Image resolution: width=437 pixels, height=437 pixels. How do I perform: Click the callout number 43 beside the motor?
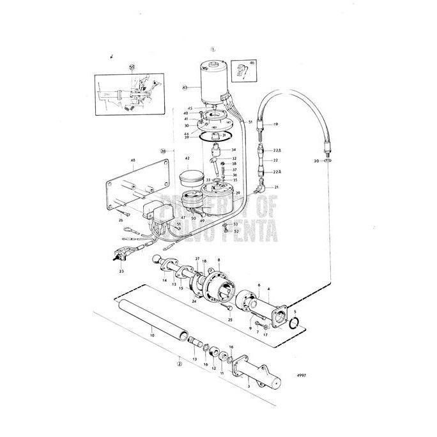click(185, 86)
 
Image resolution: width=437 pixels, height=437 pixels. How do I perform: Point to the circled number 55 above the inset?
click(132, 66)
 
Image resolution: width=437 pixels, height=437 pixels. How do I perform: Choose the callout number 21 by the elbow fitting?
click(276, 187)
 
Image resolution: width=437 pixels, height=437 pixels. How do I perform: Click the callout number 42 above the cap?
click(187, 158)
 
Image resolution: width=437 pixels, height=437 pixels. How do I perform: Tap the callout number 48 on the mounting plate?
click(132, 170)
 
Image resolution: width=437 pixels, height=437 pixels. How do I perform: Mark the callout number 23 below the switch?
click(121, 271)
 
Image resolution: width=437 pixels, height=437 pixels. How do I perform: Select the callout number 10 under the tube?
click(151, 334)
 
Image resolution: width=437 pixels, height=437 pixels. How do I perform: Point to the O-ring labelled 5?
click(294, 324)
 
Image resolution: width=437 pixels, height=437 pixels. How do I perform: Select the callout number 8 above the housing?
click(218, 260)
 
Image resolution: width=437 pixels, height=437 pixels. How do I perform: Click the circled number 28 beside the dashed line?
click(164, 151)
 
